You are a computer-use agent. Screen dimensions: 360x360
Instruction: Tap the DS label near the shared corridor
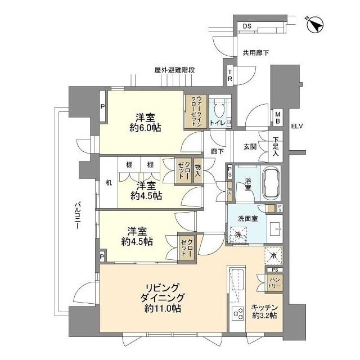tap(247, 26)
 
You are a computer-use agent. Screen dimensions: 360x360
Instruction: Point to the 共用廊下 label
tap(255, 53)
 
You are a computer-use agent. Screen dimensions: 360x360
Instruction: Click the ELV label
tap(297, 126)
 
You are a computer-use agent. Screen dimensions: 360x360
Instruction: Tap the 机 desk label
tap(109, 182)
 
